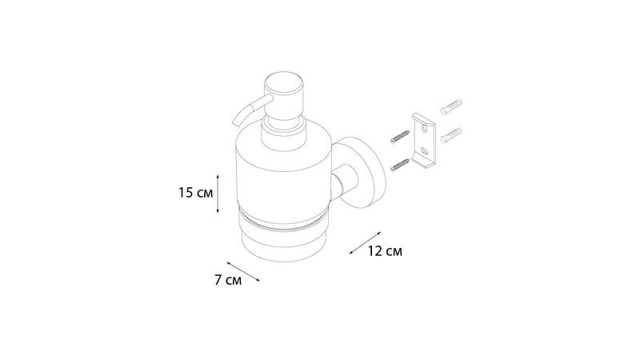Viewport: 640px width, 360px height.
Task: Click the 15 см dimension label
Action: (x=195, y=193)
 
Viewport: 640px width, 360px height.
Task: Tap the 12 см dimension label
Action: (x=385, y=251)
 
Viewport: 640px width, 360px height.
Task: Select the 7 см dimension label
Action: (x=228, y=280)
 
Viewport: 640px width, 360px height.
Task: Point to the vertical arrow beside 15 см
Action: (x=218, y=194)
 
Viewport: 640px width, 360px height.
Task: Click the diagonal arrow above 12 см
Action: (x=365, y=243)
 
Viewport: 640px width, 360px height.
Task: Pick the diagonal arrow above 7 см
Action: (x=243, y=272)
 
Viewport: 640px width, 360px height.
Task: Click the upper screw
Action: (x=399, y=137)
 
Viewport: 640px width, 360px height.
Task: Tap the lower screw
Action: (x=399, y=165)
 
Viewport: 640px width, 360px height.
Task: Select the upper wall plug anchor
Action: (x=451, y=106)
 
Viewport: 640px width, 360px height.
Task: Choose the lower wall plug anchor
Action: (x=451, y=135)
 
